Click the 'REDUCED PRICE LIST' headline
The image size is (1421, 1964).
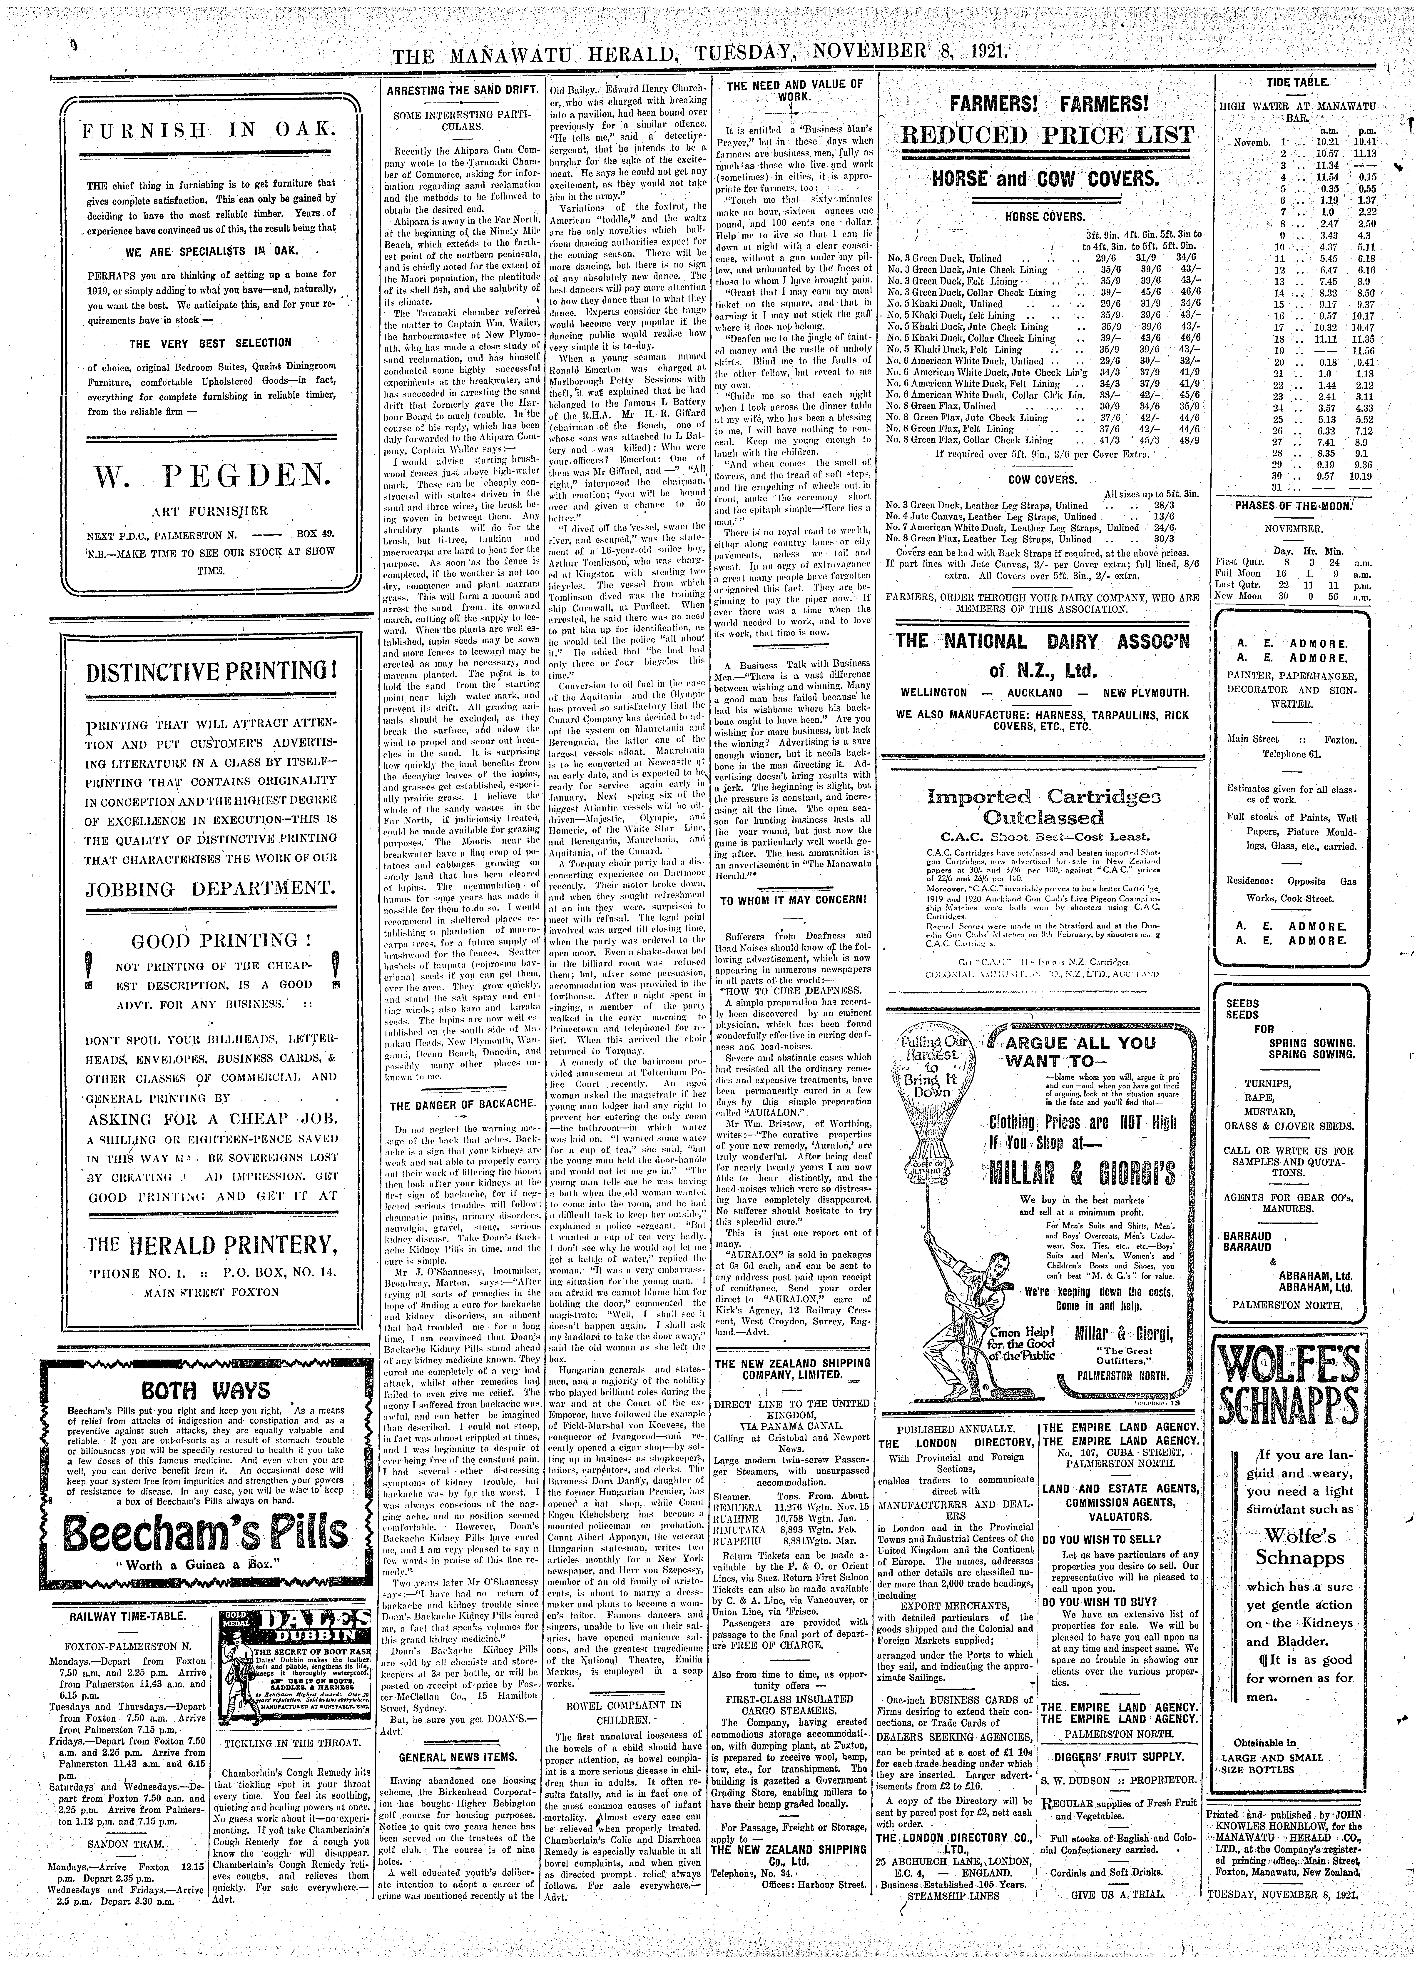[x=1048, y=136]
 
